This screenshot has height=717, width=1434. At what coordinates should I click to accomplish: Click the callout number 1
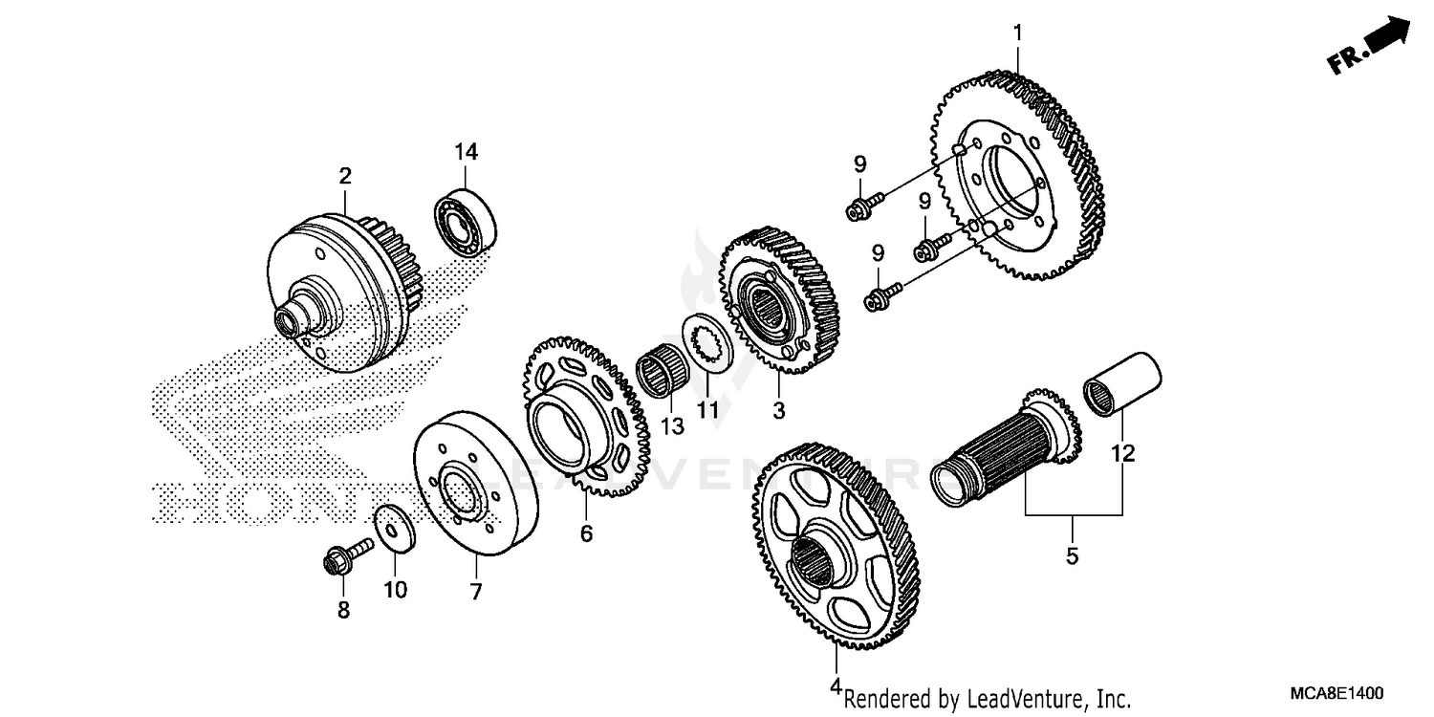point(1017,33)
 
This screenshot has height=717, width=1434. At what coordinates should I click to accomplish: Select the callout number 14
point(466,152)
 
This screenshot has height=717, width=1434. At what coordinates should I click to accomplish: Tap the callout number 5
point(1072,554)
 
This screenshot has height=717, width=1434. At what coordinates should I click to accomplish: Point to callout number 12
point(1122,453)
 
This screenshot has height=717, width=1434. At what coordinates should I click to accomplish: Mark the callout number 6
point(586,532)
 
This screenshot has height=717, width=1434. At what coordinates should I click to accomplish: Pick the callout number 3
point(778,410)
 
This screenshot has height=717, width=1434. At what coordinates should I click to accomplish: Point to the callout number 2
point(344,176)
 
